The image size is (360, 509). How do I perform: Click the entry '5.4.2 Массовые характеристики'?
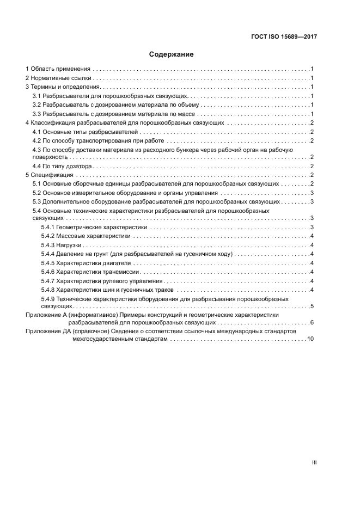pyautogui.click(x=86, y=236)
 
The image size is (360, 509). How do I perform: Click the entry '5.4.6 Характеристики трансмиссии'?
pyautogui.click(x=90, y=272)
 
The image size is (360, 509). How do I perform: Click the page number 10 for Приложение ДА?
pyautogui.click(x=310, y=339)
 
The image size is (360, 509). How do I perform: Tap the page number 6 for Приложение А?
pyautogui.click(x=312, y=323)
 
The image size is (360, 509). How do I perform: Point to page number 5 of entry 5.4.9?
pyautogui.click(x=312, y=307)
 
